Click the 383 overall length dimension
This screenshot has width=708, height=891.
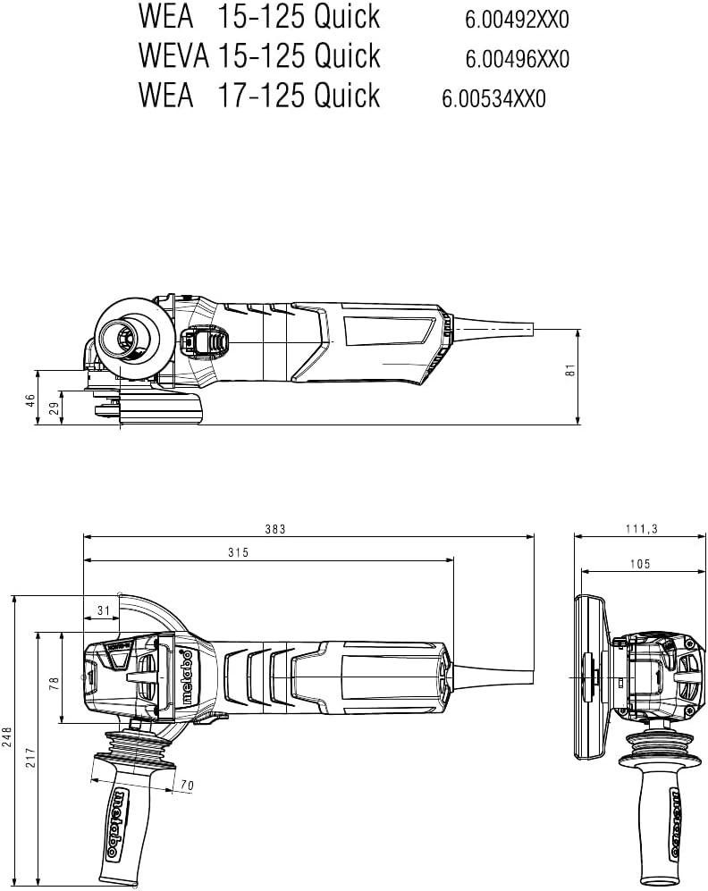tap(274, 530)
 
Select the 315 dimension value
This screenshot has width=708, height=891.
tap(237, 553)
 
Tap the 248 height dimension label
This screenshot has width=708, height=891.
tap(8, 737)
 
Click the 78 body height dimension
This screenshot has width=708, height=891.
tap(54, 682)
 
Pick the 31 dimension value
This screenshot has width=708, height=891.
tap(103, 610)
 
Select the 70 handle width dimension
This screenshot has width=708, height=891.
tap(187, 786)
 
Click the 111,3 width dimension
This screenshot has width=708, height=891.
tap(641, 530)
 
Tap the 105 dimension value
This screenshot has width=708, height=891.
tap(640, 564)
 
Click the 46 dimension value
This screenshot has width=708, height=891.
tap(29, 399)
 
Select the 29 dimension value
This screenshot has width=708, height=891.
tap(54, 408)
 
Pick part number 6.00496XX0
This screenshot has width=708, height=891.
tap(517, 60)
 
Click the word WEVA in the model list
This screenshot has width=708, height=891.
tap(173, 55)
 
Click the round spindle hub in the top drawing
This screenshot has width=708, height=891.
tap(120, 339)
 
